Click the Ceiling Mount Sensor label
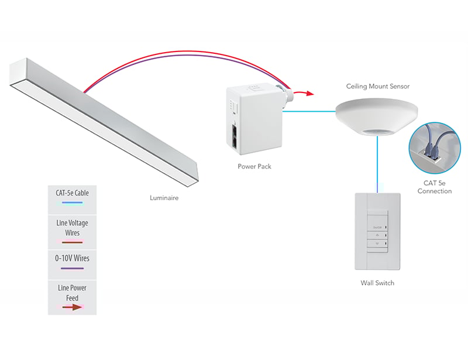[x=377, y=87]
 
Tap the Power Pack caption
[x=254, y=166]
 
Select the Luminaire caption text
[x=164, y=198]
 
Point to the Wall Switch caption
[x=377, y=283]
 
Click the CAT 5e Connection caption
[x=435, y=187]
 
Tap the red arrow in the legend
[x=73, y=306]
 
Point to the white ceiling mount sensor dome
[x=377, y=114]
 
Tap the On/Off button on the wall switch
[x=377, y=227]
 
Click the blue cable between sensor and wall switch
[x=377, y=164]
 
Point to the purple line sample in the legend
[x=73, y=269]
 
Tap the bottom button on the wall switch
[x=377, y=244]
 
